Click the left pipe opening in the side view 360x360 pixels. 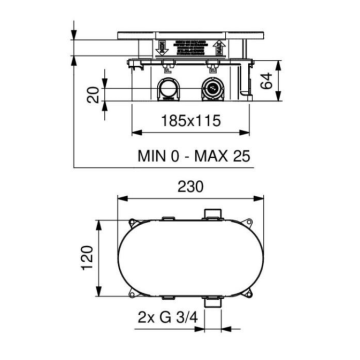click(x=169, y=93)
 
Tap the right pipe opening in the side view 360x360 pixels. click(x=213, y=93)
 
